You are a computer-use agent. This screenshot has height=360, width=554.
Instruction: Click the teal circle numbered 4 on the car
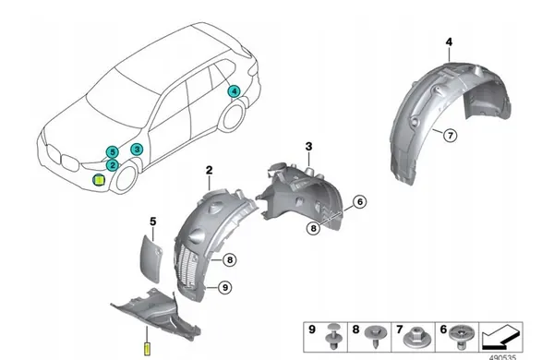click(235, 90)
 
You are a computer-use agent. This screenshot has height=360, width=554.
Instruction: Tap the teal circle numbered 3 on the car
click(137, 149)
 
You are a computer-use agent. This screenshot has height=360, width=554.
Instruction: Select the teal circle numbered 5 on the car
click(112, 151)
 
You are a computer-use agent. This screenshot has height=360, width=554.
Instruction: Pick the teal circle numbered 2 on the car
click(112, 164)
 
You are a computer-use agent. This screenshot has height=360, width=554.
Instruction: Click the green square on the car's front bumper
click(98, 182)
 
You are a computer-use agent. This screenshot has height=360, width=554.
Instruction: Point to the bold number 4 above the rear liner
click(449, 42)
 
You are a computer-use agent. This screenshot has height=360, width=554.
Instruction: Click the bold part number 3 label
click(309, 146)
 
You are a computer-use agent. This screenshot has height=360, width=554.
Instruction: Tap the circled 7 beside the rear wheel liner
click(450, 136)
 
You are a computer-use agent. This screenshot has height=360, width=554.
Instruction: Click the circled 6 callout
click(359, 201)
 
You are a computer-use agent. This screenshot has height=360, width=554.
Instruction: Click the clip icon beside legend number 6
click(462, 333)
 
